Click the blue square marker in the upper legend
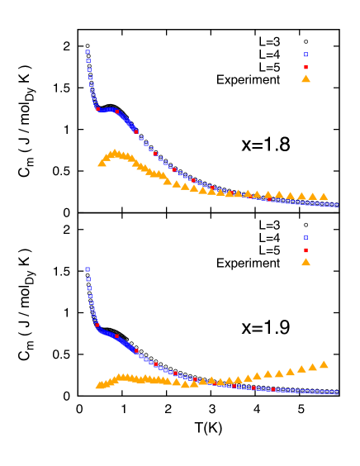point(306,55)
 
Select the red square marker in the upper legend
point(306,67)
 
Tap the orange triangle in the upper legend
point(306,78)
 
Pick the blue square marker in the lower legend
point(306,238)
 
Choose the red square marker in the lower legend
point(306,250)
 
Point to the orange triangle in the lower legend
point(306,262)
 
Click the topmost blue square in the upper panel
point(88,51)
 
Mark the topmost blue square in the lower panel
point(88,269)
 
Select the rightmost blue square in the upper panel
point(335,205)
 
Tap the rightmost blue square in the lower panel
point(335,392)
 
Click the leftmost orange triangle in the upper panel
point(102,163)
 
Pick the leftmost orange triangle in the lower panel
point(99,385)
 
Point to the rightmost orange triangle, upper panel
point(323,197)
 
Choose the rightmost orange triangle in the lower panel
point(323,364)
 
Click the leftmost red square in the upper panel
point(97,108)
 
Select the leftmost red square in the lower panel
point(97,325)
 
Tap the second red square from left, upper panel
point(116,112)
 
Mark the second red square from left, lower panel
point(116,336)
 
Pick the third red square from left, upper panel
point(136,131)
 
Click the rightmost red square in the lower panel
point(272,389)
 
